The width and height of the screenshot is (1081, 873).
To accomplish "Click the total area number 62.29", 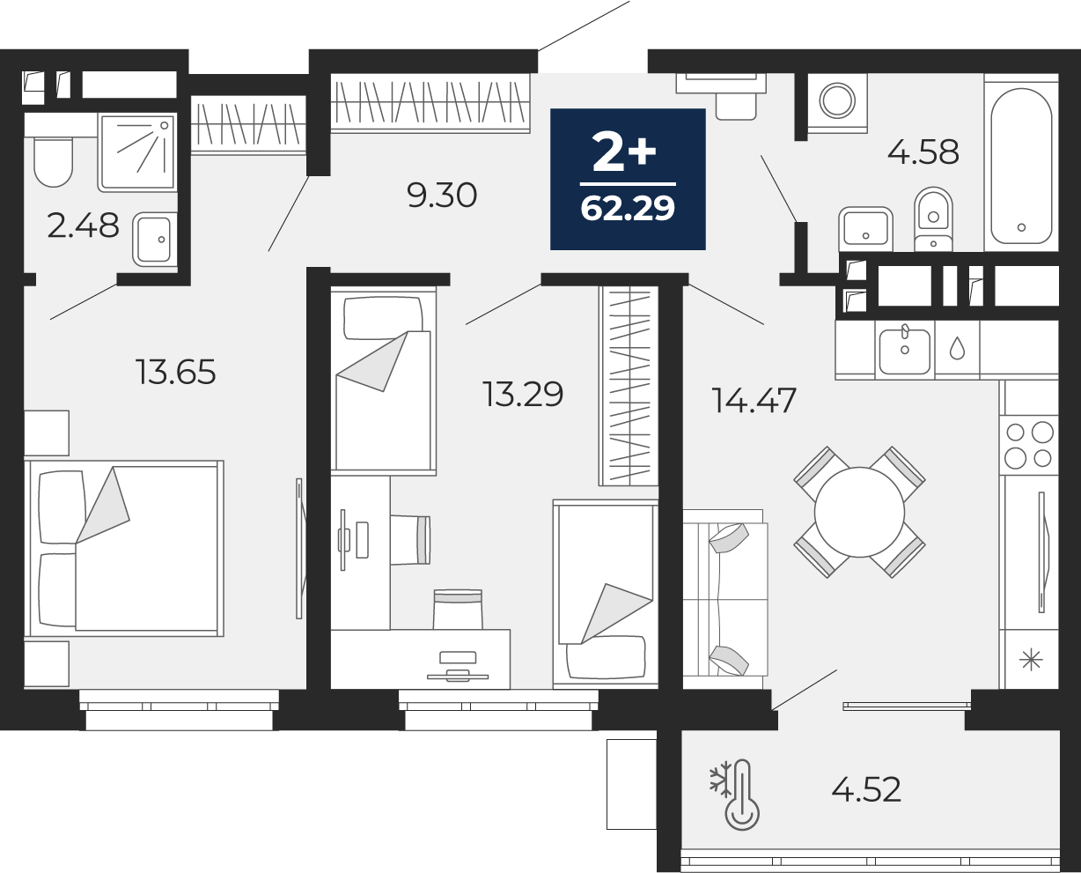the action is pyautogui.click(x=628, y=208).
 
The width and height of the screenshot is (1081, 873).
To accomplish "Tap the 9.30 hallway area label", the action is pyautogui.click(x=442, y=196).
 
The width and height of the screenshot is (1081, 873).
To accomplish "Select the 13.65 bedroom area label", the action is pyautogui.click(x=176, y=372).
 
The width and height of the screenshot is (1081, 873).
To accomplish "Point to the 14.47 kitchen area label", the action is pyautogui.click(x=754, y=400).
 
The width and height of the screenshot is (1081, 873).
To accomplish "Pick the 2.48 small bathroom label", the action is pyautogui.click(x=83, y=226).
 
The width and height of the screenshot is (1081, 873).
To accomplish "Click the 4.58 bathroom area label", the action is pyautogui.click(x=923, y=152).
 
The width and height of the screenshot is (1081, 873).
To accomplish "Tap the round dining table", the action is pyautogui.click(x=859, y=513).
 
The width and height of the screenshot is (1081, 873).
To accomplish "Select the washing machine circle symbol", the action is pyautogui.click(x=837, y=100).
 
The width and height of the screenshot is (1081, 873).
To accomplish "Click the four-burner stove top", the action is pyautogui.click(x=1029, y=445).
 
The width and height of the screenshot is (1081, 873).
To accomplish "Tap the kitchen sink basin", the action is pyautogui.click(x=905, y=351).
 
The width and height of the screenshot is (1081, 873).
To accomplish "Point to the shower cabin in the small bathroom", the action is pyautogui.click(x=137, y=152).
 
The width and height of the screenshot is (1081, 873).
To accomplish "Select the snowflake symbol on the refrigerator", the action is pyautogui.click(x=1031, y=659).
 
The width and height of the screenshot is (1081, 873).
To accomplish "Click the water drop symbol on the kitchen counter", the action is pyautogui.click(x=958, y=347).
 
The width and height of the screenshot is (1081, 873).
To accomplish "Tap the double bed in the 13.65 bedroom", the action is pyautogui.click(x=125, y=548).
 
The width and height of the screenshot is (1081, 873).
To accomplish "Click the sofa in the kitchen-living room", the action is pyautogui.click(x=724, y=599).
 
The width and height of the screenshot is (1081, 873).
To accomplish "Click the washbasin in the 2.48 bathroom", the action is pyautogui.click(x=155, y=240).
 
